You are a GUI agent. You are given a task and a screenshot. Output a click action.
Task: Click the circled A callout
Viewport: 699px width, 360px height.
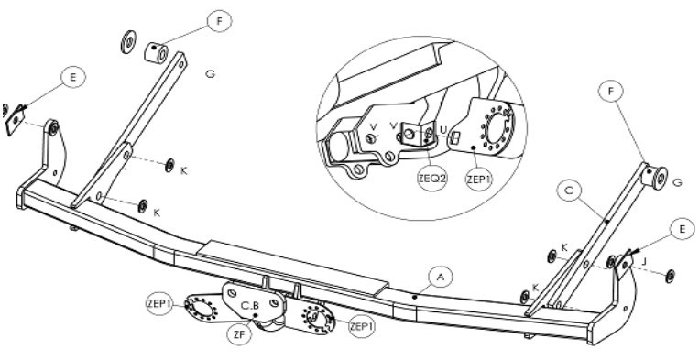tap(441, 278)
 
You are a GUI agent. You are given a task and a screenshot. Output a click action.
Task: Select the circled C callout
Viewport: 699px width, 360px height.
tap(569, 191)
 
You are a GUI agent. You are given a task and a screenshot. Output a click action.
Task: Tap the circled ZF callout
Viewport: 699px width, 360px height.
tap(240, 336)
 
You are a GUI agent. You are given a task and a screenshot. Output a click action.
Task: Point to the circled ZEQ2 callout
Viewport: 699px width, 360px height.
tap(432, 179)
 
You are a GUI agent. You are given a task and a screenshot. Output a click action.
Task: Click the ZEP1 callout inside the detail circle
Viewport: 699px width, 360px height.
tap(479, 180)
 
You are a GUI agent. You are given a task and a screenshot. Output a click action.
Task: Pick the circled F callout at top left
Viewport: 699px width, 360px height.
tap(219, 20)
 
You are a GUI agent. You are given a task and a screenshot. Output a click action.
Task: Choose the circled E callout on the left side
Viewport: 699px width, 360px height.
tap(73, 77)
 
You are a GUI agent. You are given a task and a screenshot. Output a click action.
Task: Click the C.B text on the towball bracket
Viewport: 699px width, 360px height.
tap(249, 306)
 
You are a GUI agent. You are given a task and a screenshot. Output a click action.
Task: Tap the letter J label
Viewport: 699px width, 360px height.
tap(644, 262)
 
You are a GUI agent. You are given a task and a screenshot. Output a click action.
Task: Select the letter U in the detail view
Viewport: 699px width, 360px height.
tap(443, 130)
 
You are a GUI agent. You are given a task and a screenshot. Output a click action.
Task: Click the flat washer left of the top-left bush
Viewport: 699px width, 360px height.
tap(128, 42)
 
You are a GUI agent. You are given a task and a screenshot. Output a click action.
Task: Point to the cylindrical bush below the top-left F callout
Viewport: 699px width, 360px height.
tap(156, 53)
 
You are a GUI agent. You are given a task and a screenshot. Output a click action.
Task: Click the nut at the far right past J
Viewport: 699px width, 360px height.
tap(670, 276)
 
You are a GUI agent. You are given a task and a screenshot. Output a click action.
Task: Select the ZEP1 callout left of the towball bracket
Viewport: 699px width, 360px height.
tap(159, 304)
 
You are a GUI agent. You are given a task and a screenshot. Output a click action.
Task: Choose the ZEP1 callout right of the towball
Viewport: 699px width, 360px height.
tap(362, 327)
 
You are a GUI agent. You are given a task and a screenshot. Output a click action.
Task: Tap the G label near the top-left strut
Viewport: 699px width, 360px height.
tap(211, 74)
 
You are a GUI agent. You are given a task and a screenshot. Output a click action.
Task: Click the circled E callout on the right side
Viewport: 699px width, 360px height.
tap(683, 229)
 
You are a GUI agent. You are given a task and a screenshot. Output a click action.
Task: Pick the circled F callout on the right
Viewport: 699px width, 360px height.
tap(611, 92)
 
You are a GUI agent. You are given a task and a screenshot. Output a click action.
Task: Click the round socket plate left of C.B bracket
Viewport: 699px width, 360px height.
tap(201, 307)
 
